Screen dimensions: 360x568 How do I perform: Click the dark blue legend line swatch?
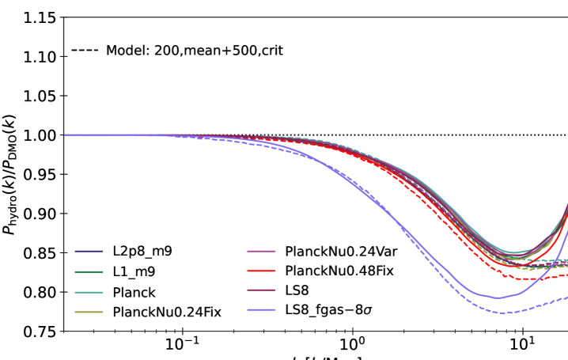(89, 252)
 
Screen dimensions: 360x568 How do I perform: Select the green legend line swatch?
(89, 272)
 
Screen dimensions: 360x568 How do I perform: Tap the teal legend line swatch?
(89, 293)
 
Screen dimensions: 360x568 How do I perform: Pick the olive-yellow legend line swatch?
(89, 313)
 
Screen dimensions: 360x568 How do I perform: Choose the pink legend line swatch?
(261, 251)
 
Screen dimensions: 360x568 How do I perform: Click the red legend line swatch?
(261, 271)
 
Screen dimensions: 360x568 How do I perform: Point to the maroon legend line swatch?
(261, 290)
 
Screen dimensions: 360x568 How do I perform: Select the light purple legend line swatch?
(261, 310)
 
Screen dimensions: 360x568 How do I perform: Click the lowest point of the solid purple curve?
(497, 298)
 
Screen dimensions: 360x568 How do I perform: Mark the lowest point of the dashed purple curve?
(500, 313)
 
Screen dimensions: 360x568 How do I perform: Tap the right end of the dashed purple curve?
(567, 297)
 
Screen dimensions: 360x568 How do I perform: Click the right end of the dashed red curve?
(567, 275)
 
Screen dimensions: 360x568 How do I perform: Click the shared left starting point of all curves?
(65, 135)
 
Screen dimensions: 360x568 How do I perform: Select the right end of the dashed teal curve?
(567, 260)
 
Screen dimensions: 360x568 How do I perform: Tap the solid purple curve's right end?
(567, 230)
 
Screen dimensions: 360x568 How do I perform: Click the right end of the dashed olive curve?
(567, 267)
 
